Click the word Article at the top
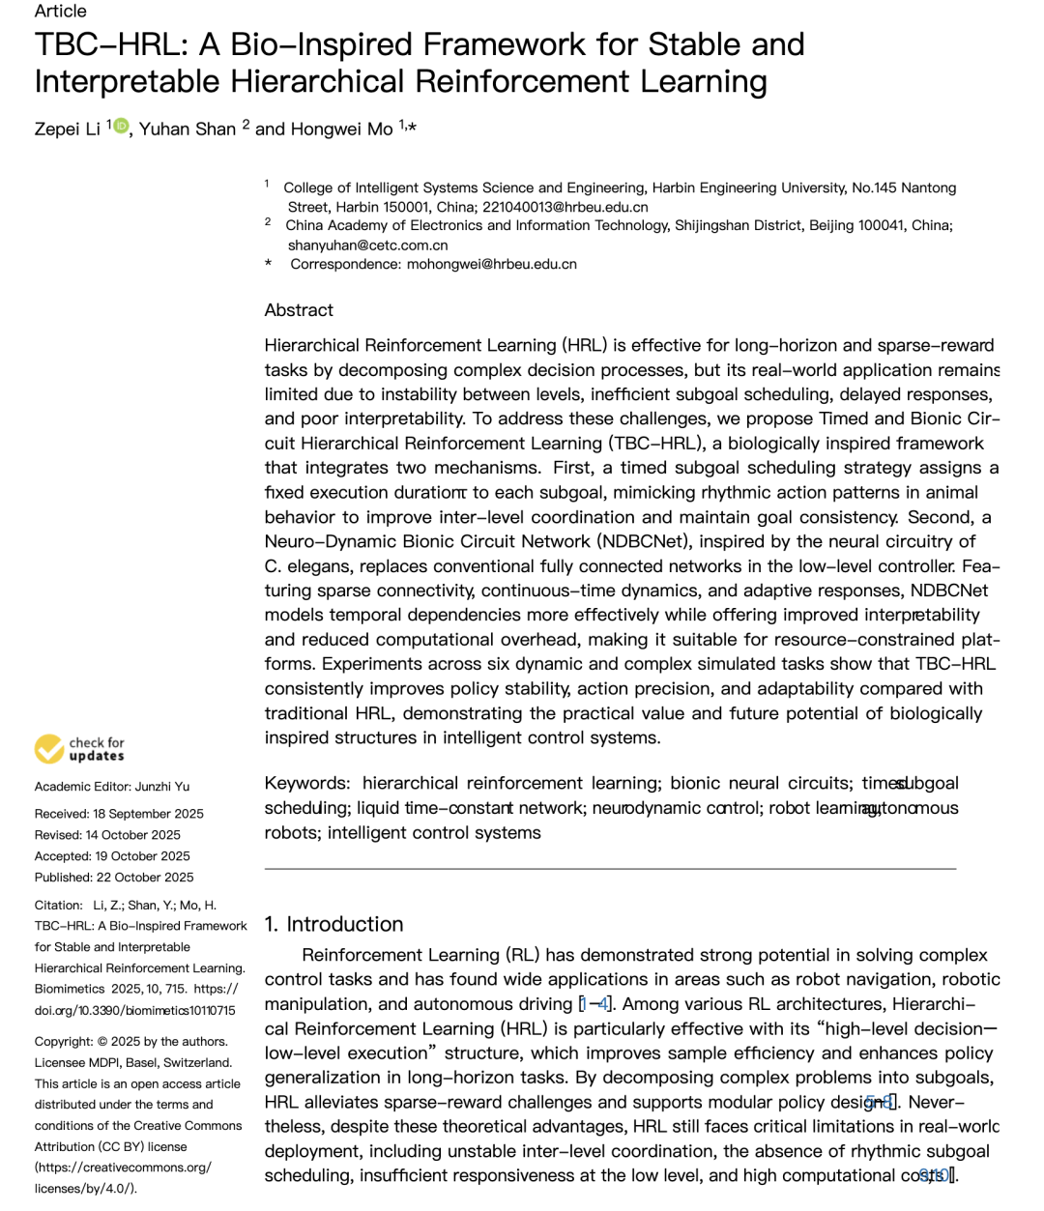coord(60,12)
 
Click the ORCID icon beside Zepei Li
coord(121,126)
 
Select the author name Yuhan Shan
coord(188,130)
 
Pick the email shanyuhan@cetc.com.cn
coord(367,245)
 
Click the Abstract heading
coord(299,310)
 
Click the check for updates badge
coord(79,749)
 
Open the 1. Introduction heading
coord(333,924)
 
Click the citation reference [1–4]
coord(594,1004)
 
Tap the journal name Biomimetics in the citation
coord(70,989)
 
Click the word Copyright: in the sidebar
coord(63,1042)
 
